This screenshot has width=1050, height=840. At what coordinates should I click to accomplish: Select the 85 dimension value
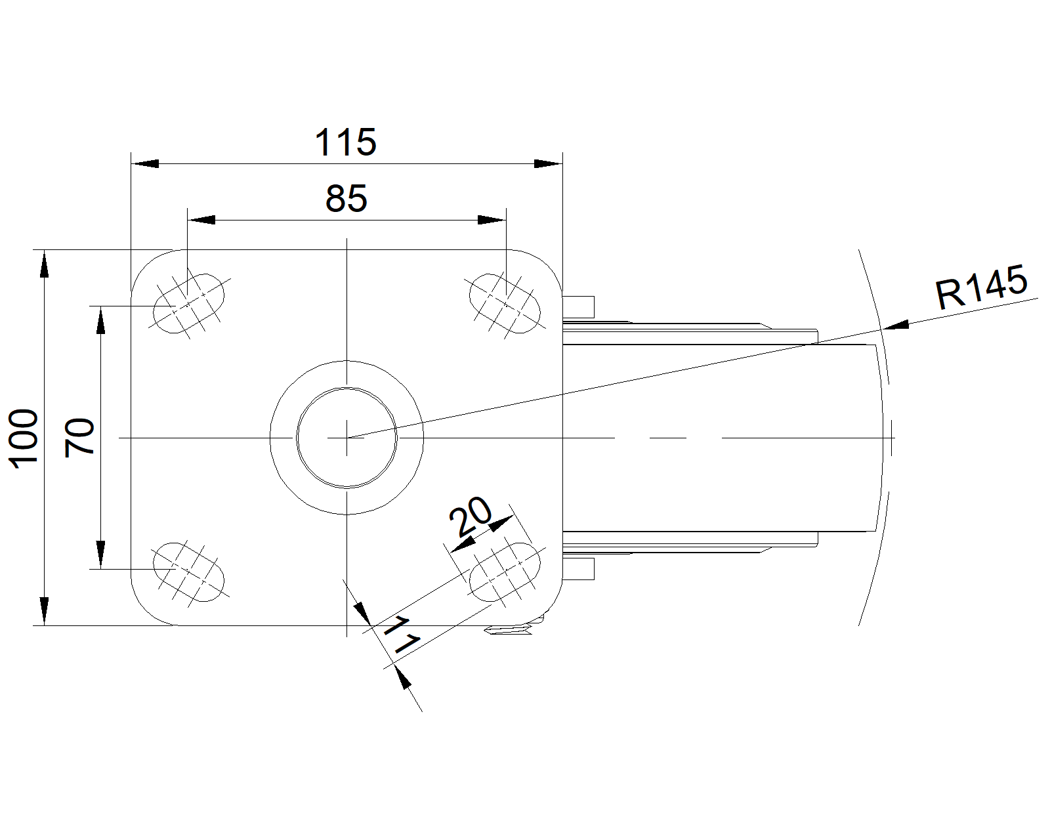click(x=346, y=198)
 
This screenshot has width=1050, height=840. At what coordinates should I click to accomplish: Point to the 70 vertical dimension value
click(x=81, y=438)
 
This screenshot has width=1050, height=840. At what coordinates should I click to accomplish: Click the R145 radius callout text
click(x=980, y=287)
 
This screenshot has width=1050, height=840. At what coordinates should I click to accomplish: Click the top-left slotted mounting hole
click(x=188, y=303)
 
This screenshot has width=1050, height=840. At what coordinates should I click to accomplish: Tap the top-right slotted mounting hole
click(x=505, y=303)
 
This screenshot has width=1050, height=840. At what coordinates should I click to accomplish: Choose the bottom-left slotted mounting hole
click(x=188, y=572)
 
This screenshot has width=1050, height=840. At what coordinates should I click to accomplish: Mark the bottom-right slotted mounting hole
click(x=505, y=572)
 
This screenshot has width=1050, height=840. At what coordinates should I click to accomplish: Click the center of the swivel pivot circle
click(x=346, y=437)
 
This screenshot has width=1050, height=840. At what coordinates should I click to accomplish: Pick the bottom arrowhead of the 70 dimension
click(x=100, y=554)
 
